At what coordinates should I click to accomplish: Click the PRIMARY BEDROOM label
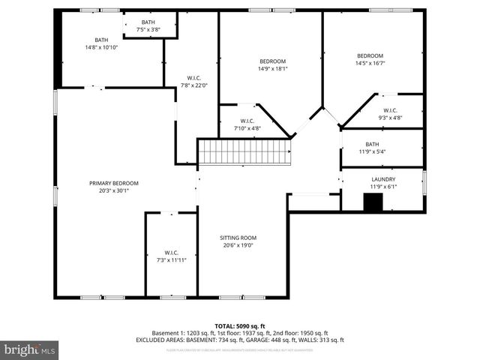pos(114,183)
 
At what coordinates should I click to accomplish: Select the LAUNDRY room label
pos(383,179)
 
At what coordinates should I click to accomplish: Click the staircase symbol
pos(244,151)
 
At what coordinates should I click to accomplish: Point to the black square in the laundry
pos(373,202)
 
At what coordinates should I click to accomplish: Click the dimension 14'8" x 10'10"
pos(101,47)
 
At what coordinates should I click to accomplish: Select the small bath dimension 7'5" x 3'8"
pos(148,30)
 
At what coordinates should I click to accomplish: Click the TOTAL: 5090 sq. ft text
pos(240,325)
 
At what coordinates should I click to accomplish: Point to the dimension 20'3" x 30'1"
pos(114,190)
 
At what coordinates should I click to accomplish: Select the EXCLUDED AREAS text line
pos(240,339)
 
